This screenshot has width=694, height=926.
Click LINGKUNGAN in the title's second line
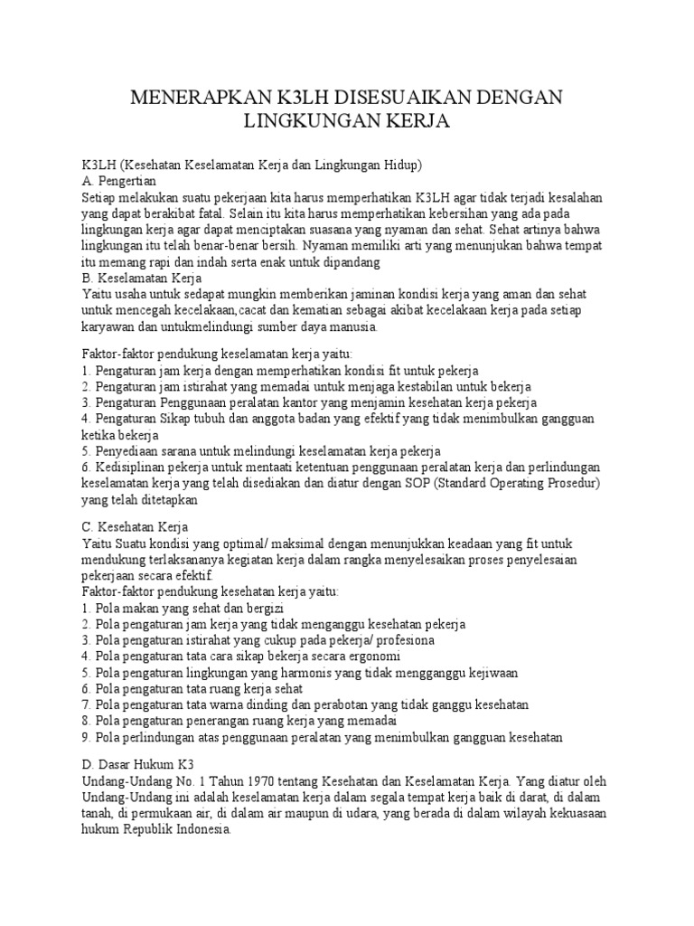(x=319, y=120)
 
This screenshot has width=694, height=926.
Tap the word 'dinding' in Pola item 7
(x=300, y=705)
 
